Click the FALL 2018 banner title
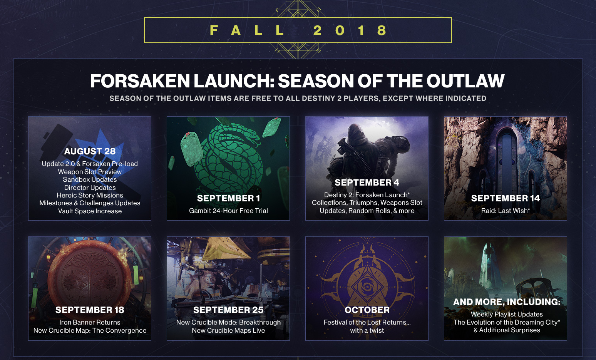tap(298, 30)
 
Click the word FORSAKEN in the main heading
tap(140, 81)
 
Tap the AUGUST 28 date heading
tap(90, 151)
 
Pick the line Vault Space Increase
tap(90, 211)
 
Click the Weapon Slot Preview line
tap(90, 172)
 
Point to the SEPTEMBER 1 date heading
tap(228, 198)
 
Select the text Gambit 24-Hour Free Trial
tap(228, 211)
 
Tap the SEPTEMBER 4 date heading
tap(367, 183)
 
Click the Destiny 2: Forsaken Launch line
tap(367, 195)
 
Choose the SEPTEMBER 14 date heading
tap(506, 198)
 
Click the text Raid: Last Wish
tap(506, 211)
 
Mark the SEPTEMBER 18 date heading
tap(90, 310)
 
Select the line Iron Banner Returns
tap(90, 322)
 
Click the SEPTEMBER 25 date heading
tap(228, 310)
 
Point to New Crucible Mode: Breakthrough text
tap(228, 322)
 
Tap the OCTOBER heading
tap(367, 310)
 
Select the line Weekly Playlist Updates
tap(507, 314)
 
